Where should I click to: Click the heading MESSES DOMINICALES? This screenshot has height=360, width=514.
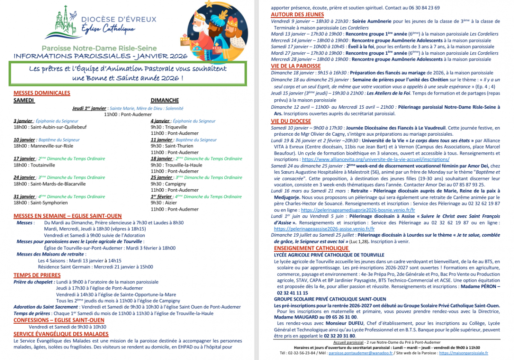42,93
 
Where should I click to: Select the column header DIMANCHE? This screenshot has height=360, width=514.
164,100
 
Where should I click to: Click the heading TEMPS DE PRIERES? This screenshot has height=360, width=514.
38,275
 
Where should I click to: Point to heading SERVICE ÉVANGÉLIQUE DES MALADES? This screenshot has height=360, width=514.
61,334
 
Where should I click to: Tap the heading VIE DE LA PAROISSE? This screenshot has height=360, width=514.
296,66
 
